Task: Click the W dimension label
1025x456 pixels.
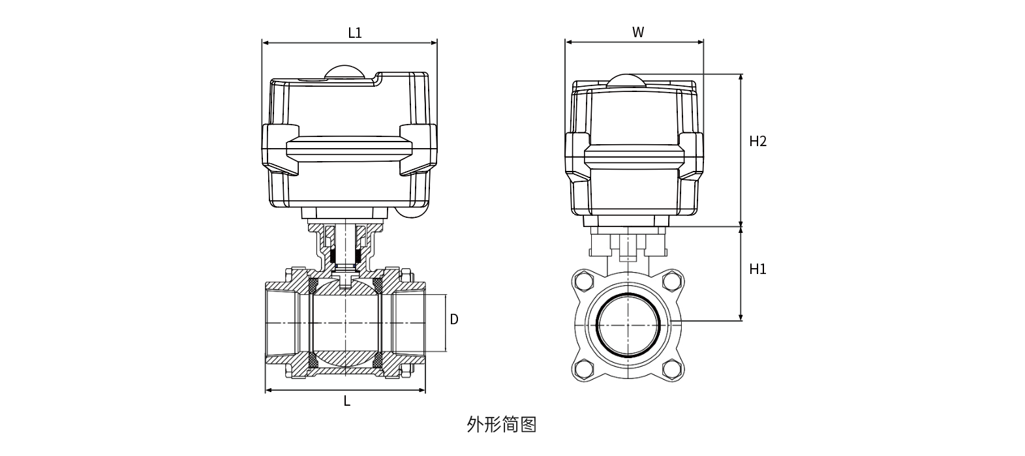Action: tap(638, 33)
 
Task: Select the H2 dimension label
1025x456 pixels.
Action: tap(757, 142)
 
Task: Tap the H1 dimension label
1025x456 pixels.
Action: tap(757, 269)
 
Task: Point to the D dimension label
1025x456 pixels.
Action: tap(454, 319)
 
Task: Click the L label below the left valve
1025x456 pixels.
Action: tap(347, 402)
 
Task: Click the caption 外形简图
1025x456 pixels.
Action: tap(502, 425)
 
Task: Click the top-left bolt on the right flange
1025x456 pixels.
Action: tap(581, 282)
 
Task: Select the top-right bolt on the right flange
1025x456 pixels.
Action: tap(670, 282)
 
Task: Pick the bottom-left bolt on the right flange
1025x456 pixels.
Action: tap(581, 370)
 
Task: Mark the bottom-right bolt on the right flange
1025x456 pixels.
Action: tap(670, 370)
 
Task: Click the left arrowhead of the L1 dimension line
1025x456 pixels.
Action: tap(265, 44)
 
